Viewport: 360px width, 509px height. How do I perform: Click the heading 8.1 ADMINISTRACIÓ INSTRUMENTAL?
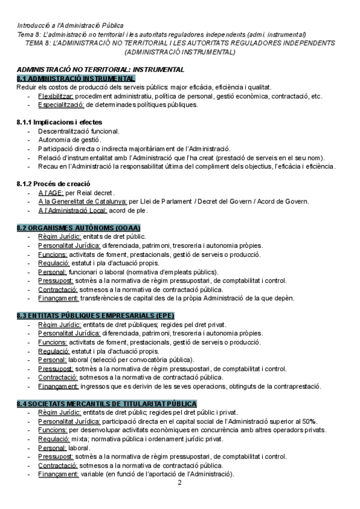[76, 79]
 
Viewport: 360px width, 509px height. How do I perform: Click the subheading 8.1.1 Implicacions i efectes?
[55, 122]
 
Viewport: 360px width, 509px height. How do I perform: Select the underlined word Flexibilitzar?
[56, 96]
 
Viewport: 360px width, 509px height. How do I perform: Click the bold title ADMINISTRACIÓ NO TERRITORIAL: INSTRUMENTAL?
[100, 70]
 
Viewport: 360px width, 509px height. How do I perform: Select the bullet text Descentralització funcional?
[78, 131]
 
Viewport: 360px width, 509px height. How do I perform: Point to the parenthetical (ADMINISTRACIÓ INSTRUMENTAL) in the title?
[179, 52]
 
